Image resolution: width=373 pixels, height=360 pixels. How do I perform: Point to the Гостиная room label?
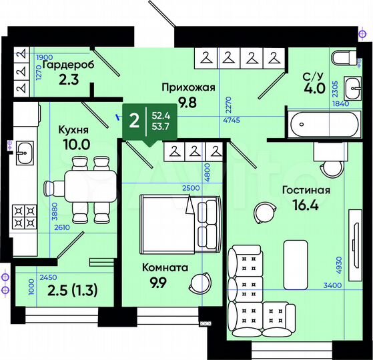tap(306, 190)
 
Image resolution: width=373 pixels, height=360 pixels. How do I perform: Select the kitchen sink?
tap(25, 153)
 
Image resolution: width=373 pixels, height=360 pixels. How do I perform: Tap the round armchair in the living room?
tap(262, 213)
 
